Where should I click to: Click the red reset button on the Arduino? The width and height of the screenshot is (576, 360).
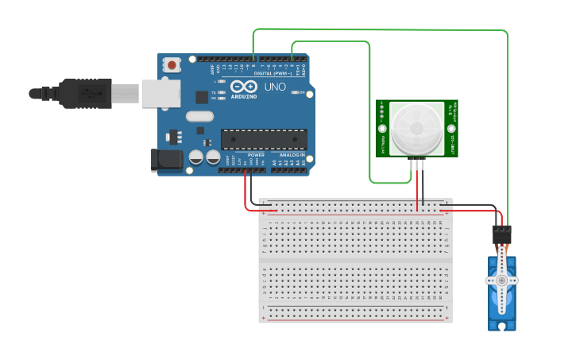(172, 66)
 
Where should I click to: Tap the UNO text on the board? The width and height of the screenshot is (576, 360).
(275, 86)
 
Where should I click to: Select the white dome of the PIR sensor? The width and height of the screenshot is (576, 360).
(417, 128)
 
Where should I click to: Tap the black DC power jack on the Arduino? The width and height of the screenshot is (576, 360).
(168, 159)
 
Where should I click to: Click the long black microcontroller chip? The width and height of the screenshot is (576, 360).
(264, 139)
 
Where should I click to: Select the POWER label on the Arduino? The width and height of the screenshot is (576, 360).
(256, 155)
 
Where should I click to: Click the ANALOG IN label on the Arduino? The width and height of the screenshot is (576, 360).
(292, 155)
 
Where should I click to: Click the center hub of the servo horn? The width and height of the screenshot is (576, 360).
(501, 281)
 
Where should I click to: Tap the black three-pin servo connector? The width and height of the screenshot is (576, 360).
(501, 234)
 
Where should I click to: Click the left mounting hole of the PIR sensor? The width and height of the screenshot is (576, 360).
(383, 128)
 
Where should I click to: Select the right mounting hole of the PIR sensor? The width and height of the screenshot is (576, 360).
(452, 128)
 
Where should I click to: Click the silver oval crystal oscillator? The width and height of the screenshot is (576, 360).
(200, 116)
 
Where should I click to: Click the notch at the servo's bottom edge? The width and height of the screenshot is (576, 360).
(501, 325)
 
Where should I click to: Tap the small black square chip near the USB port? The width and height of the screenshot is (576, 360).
(202, 97)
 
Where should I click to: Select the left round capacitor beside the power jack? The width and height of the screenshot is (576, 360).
(195, 158)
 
